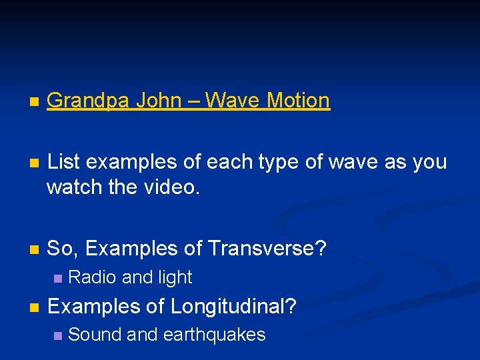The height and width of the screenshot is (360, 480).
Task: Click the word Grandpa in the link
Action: click(89, 101)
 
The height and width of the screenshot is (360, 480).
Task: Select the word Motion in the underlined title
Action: click(299, 101)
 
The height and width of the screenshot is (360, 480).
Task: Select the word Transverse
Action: click(264, 249)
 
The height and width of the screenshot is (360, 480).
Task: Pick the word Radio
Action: click(91, 277)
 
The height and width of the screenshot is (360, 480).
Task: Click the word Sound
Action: click(95, 335)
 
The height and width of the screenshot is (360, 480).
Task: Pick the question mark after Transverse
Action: click(321, 249)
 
